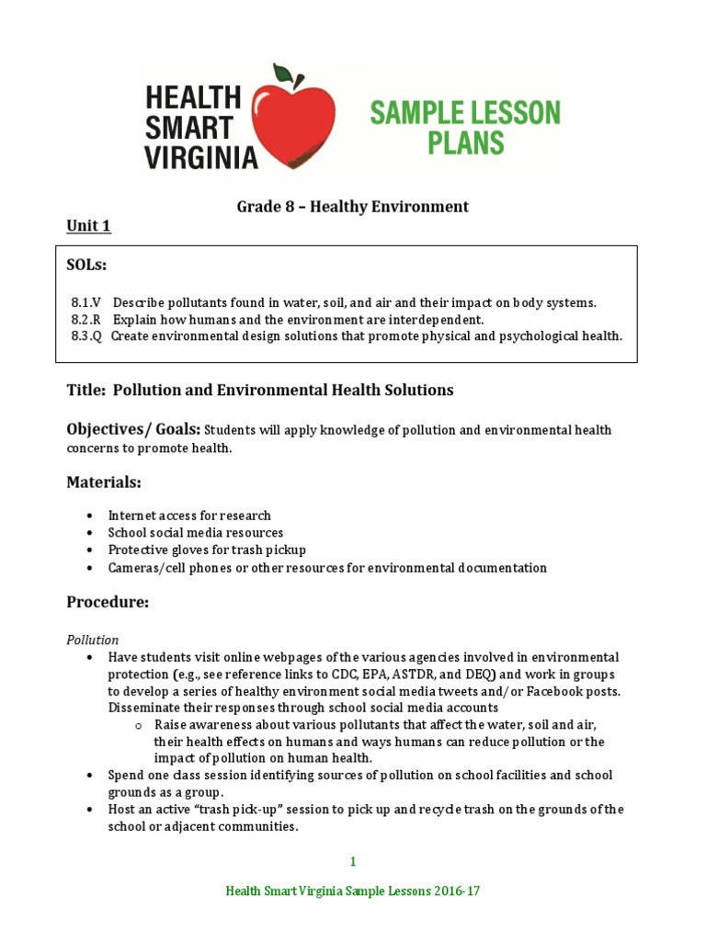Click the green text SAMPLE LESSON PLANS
point(464,128)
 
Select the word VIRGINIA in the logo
point(200,157)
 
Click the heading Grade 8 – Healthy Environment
point(353,207)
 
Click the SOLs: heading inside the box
point(87,265)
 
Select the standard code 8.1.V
point(87,302)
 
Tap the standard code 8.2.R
point(87,319)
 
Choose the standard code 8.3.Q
point(87,336)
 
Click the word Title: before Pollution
point(87,390)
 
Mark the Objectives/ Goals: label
point(133,429)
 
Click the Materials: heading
point(105,482)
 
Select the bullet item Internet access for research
point(189,516)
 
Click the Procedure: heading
point(108,602)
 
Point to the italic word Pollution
point(93,640)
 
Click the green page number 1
point(353,861)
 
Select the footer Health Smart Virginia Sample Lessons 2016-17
point(353,892)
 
